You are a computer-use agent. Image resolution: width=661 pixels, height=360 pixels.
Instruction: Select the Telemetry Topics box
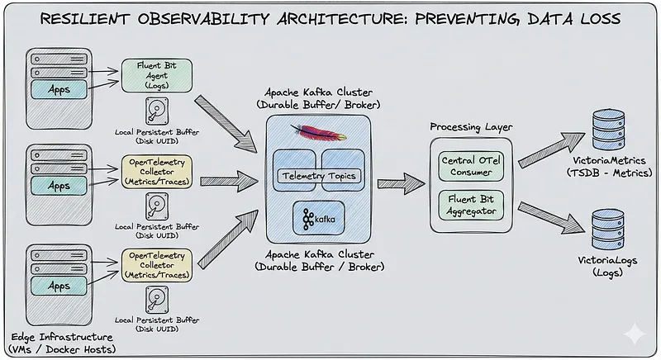(x=319, y=176)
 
